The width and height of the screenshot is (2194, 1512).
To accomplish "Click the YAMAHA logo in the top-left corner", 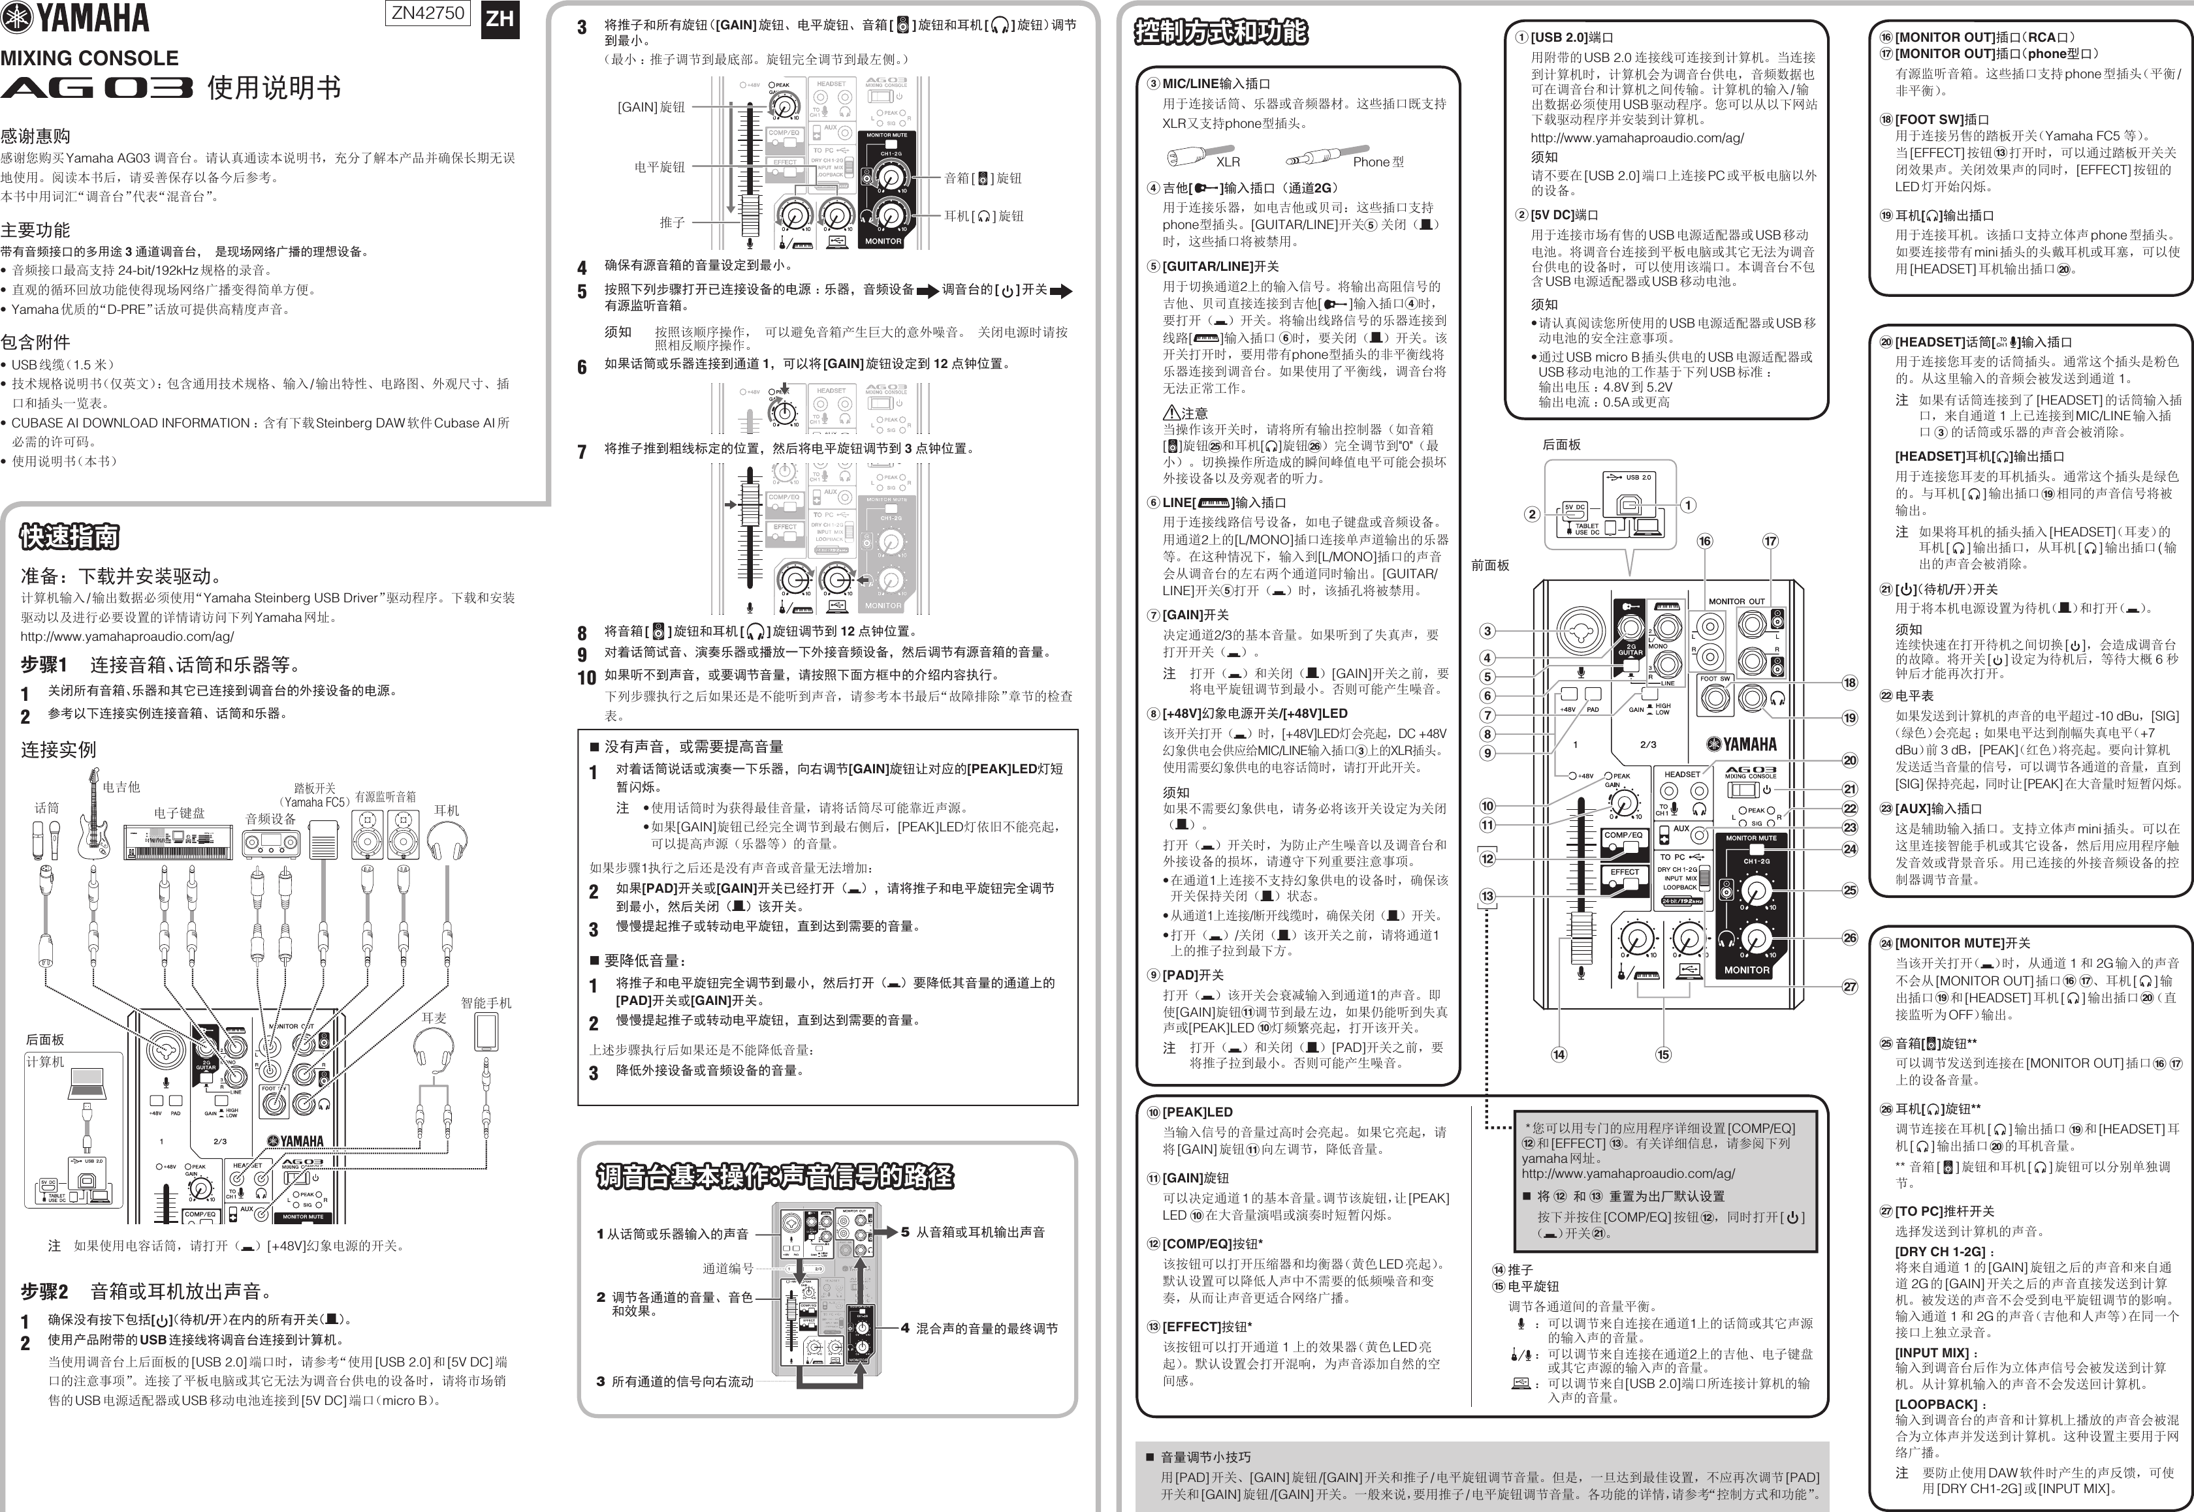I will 76,18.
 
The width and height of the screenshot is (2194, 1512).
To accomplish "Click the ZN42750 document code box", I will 428,13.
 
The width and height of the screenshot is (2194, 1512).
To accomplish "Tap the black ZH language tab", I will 500,20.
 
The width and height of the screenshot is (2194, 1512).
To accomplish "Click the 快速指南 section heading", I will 70,537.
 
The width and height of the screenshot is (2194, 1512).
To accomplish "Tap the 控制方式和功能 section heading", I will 1220,32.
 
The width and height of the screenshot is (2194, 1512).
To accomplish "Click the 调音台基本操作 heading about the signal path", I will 774,1177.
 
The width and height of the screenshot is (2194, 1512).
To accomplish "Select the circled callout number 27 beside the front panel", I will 1849,986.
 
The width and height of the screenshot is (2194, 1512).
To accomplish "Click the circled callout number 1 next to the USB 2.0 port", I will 1687,505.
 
